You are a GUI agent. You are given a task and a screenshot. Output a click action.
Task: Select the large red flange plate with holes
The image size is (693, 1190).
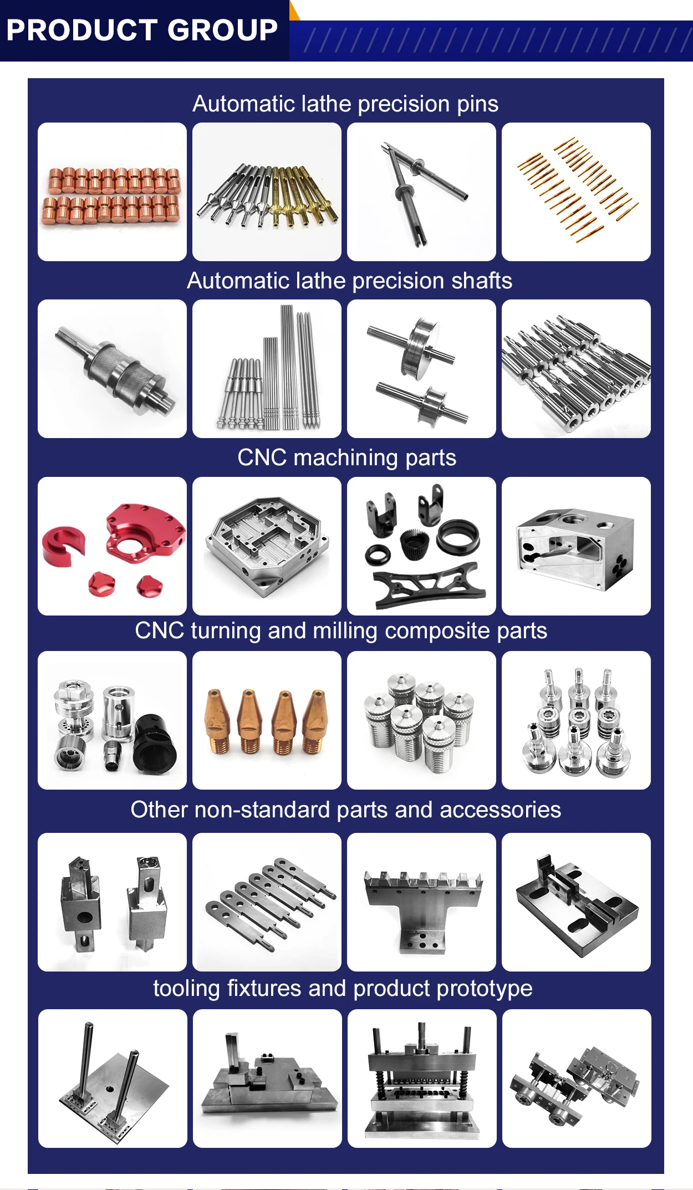[145, 532]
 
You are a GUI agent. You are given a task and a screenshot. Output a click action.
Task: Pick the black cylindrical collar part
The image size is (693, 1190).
[155, 744]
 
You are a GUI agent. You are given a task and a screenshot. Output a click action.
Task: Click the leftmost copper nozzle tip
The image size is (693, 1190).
[218, 721]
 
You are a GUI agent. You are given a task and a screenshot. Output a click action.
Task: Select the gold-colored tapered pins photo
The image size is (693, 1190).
[577, 191]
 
